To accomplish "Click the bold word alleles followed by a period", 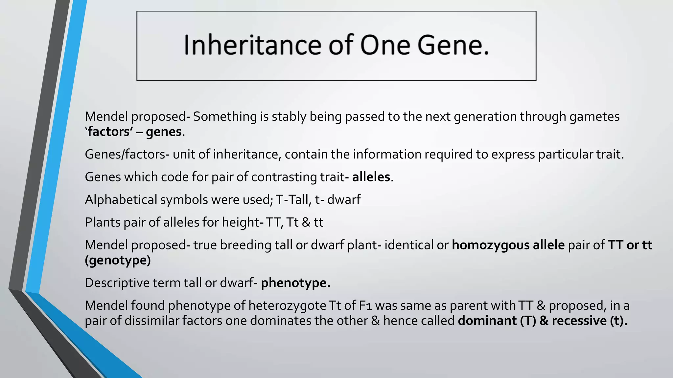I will point(371,177).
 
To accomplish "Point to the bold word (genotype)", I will point(118,261).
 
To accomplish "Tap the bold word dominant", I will point(487,321).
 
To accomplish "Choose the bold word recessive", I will point(579,321).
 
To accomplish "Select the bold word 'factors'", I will point(109,132).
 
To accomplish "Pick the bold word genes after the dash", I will point(164,132).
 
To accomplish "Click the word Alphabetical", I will point(121,200).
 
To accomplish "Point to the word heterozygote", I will point(287,306).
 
